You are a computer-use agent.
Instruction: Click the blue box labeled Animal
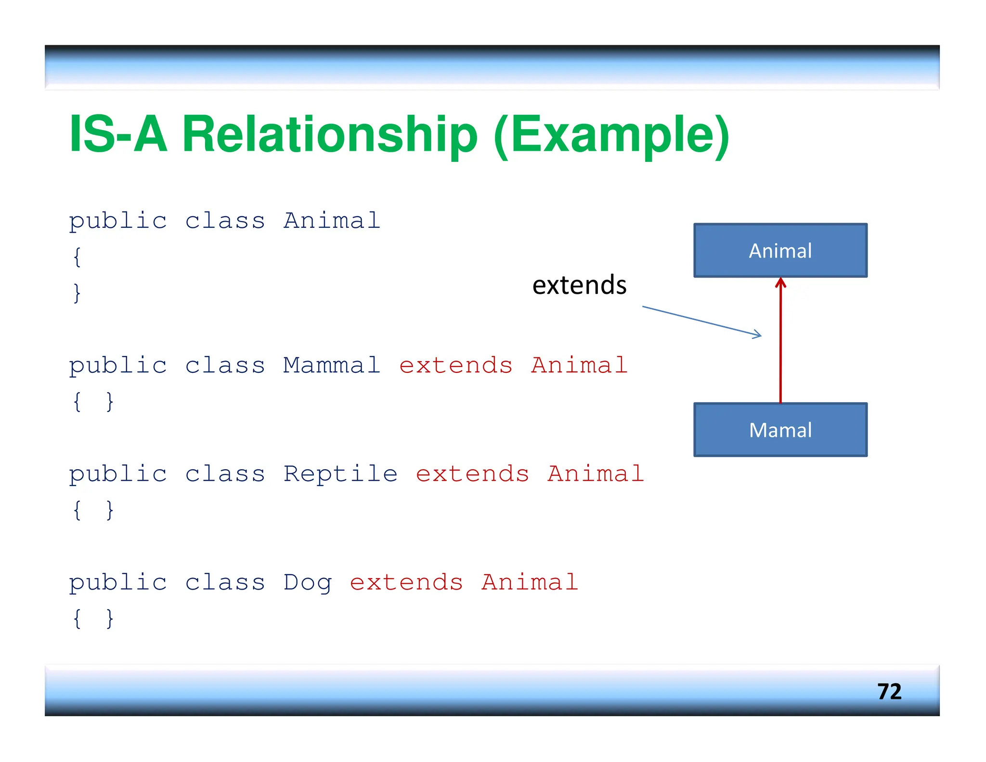coord(780,250)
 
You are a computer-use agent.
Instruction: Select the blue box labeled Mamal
coord(780,430)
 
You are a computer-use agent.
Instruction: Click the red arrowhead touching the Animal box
coord(780,283)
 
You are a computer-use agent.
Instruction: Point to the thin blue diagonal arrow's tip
coord(760,335)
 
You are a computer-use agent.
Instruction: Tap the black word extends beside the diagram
coord(579,285)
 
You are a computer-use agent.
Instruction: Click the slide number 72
coord(889,691)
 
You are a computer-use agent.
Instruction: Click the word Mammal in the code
coord(332,365)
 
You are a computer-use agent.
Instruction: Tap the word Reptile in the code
coord(340,473)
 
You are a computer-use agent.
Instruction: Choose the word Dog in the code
coord(307,582)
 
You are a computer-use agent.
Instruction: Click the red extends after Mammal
coord(456,365)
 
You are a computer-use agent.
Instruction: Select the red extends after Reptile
coord(472,473)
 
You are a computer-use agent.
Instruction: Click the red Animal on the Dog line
coord(530,582)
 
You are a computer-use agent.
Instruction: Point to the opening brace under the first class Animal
coord(77,257)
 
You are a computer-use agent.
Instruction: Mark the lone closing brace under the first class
coord(77,293)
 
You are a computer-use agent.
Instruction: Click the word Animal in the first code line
coord(332,221)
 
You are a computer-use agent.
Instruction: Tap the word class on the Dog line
coord(225,582)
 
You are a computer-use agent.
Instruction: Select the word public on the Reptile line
coord(118,474)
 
